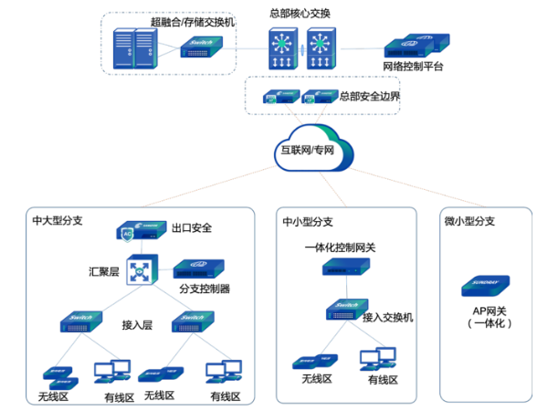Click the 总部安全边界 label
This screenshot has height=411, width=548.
coord(369,95)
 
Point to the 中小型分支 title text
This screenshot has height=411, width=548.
coord(307,220)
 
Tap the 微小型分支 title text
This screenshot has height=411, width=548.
coord(469,220)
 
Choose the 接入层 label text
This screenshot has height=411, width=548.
coord(137,323)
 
